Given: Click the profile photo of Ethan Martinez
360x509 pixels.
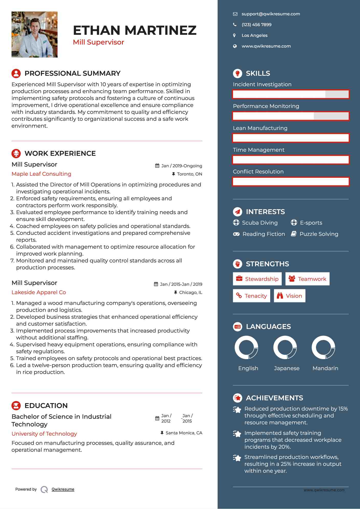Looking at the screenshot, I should click(x=35, y=35).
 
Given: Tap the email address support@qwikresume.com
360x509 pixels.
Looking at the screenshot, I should click(x=271, y=14).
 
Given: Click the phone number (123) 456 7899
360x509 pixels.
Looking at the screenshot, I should click(x=256, y=25).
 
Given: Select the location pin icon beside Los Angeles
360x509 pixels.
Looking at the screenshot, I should click(x=234, y=36).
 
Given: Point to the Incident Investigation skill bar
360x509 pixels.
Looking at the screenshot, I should click(x=291, y=94).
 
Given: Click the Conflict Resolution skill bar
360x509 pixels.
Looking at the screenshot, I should click(x=291, y=182).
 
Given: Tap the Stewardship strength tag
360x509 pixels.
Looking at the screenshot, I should click(x=257, y=279).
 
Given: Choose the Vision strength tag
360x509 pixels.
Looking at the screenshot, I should click(x=290, y=296).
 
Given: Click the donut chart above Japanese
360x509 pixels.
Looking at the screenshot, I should click(x=285, y=348).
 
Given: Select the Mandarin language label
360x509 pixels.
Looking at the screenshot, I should click(x=325, y=368).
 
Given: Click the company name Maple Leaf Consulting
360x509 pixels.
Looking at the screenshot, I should click(x=41, y=174).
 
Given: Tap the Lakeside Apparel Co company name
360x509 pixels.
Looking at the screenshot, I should click(x=39, y=292).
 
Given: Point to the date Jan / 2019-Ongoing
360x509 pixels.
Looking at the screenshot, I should click(x=181, y=166).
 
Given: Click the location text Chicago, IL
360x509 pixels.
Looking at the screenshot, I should click(x=190, y=292).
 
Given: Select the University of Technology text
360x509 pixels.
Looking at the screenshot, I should click(x=44, y=434).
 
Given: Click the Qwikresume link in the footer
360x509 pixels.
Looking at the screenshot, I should click(x=63, y=489).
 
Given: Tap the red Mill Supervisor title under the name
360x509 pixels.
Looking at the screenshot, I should click(x=99, y=42).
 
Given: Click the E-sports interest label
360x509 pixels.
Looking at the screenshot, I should click(x=311, y=223).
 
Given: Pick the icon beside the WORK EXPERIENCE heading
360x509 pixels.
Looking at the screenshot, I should click(x=16, y=153).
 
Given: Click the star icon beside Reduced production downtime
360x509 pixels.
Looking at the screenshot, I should click(x=237, y=410).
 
